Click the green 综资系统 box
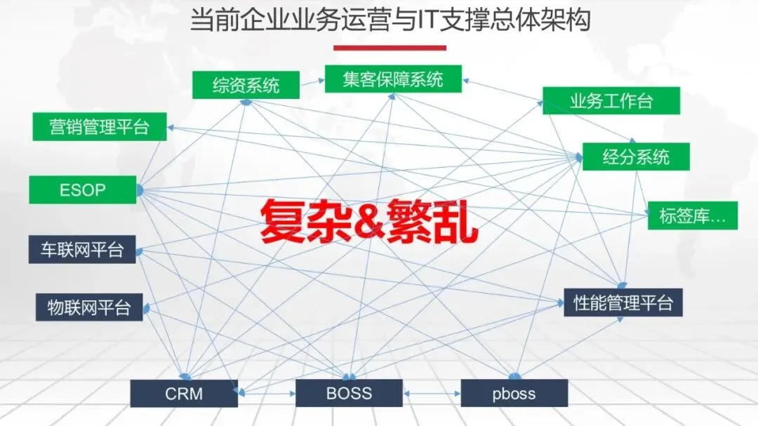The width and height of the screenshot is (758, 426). [x=246, y=85]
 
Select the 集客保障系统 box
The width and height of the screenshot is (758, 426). [x=383, y=79]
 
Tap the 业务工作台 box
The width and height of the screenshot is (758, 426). [x=611, y=100]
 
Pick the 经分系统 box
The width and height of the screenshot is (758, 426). [x=636, y=157]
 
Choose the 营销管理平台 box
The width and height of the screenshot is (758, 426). [x=100, y=127]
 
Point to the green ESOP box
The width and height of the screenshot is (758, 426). [x=82, y=189]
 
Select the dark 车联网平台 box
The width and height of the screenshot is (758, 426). [x=82, y=250]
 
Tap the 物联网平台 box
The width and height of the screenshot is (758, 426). [x=89, y=307]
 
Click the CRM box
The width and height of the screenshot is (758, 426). [x=184, y=393]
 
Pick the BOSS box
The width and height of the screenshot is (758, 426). [x=349, y=393]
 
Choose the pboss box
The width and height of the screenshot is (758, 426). [x=514, y=393]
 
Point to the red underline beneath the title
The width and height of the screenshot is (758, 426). [x=390, y=48]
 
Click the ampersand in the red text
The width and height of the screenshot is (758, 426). [x=368, y=220]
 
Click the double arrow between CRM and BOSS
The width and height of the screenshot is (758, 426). [x=267, y=394]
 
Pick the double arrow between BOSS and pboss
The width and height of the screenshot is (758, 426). [x=432, y=394]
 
